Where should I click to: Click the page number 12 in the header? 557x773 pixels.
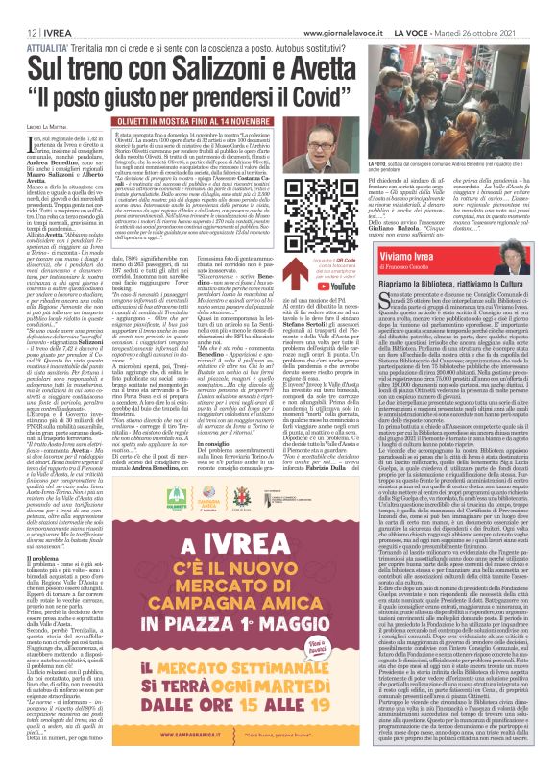coord(19,9)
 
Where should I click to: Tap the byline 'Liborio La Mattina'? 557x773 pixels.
coord(42,128)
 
